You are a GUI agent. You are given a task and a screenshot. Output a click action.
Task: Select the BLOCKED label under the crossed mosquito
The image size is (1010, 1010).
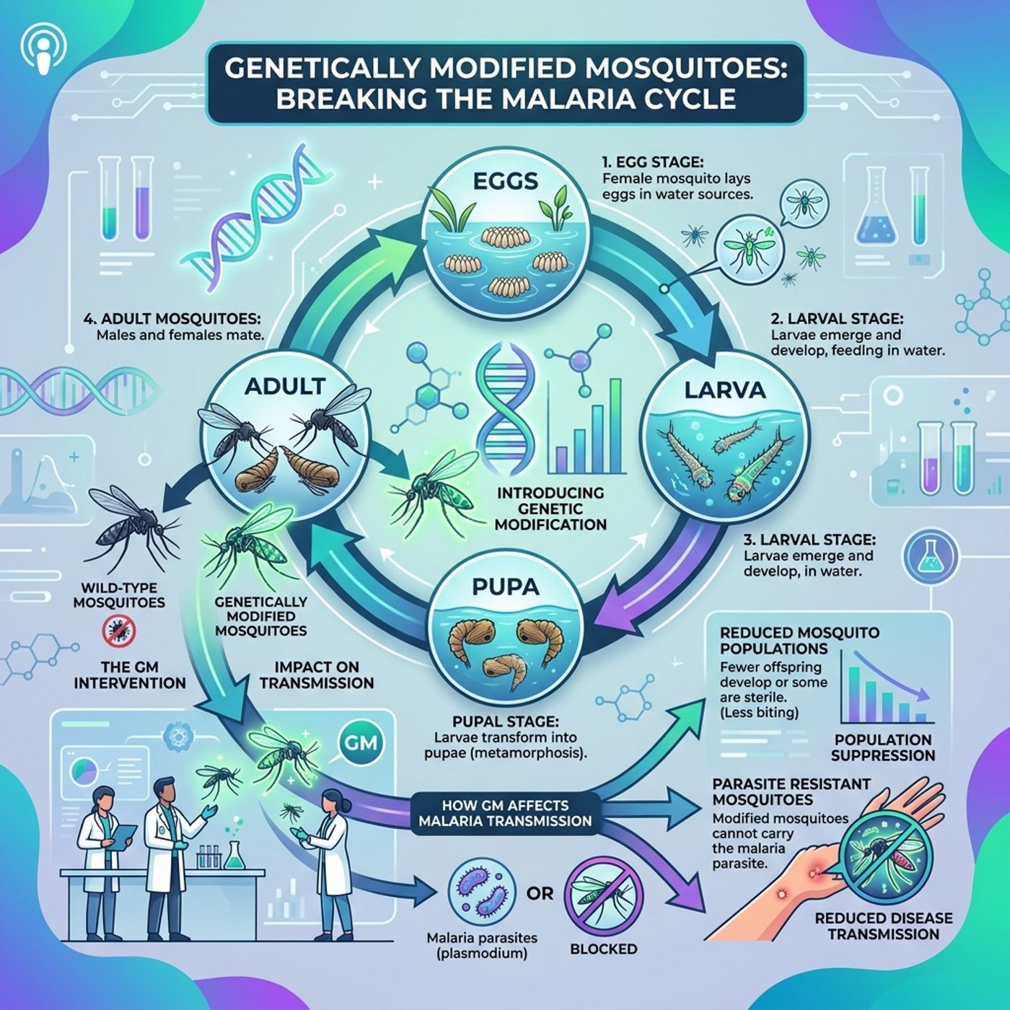[x=603, y=949]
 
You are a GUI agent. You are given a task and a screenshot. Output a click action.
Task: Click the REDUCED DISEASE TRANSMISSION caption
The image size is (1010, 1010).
[x=883, y=926]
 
